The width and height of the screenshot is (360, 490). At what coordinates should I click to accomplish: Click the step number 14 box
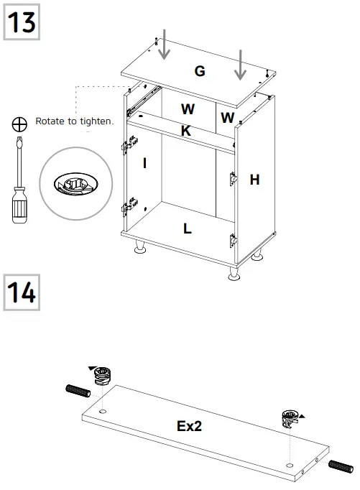(22, 292)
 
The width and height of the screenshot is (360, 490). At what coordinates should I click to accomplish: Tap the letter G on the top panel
(200, 70)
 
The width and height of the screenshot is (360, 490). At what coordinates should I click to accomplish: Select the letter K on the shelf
(186, 131)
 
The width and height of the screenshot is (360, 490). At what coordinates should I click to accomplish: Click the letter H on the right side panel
(254, 180)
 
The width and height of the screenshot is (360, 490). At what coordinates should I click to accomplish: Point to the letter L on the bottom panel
(187, 229)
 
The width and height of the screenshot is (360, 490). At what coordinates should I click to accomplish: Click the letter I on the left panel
(144, 163)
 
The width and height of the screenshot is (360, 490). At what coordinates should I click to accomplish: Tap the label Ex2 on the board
(190, 426)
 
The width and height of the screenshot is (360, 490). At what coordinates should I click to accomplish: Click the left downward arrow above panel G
(164, 44)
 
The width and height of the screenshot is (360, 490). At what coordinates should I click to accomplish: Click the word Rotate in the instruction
(50, 121)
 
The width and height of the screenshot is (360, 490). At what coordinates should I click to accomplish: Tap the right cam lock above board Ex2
(289, 418)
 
